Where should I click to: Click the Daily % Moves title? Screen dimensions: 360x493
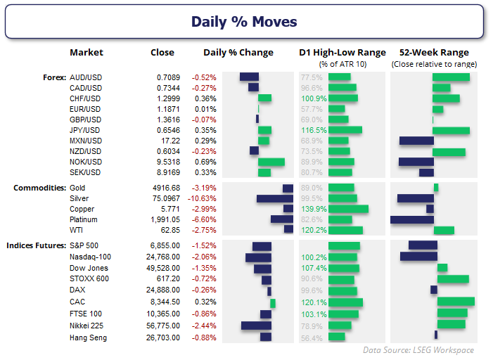(x=244, y=22)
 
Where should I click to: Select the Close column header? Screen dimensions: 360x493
(x=162, y=52)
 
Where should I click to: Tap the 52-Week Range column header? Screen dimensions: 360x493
(x=434, y=52)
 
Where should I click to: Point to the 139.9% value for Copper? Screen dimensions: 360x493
(x=312, y=209)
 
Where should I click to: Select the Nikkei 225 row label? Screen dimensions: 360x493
(x=89, y=326)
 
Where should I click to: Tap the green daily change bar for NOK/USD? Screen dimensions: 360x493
(x=271, y=162)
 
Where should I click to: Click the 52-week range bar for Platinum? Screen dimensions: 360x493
(x=411, y=219)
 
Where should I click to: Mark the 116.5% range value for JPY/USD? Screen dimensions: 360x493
(x=312, y=130)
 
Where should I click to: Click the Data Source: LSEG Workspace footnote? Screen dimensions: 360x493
(x=418, y=349)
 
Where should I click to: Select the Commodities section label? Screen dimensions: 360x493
(x=40, y=188)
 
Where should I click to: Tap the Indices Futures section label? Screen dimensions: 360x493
(x=37, y=245)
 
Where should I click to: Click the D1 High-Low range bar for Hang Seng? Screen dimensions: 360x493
(x=337, y=337)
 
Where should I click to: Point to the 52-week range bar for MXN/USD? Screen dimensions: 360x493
(x=415, y=141)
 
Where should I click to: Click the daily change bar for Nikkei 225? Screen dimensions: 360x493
(x=256, y=326)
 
